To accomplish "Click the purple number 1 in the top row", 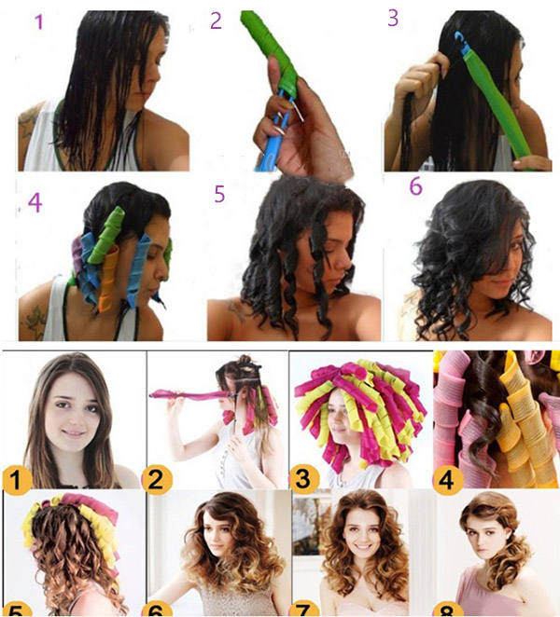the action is [x=38, y=22].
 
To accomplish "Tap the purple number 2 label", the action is [x=216, y=21].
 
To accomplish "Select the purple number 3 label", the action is [x=393, y=18].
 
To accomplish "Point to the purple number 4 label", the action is [x=35, y=202].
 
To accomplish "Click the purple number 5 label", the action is [x=219, y=194].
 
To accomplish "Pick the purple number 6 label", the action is [x=415, y=186].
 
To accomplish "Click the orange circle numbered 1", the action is [x=16, y=480].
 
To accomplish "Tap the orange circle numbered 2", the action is [x=157, y=480].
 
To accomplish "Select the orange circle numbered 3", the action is [x=303, y=480].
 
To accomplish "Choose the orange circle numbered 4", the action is [x=448, y=480].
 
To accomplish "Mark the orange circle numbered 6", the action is [x=157, y=610].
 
